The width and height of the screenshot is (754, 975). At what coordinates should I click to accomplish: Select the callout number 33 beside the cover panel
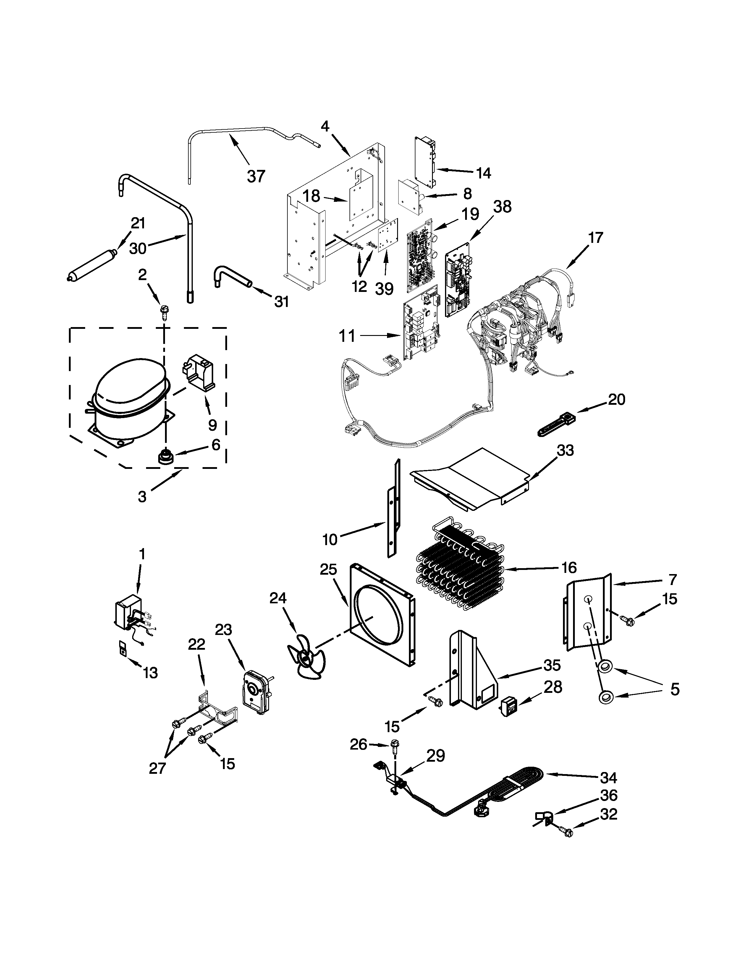pos(565,451)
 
